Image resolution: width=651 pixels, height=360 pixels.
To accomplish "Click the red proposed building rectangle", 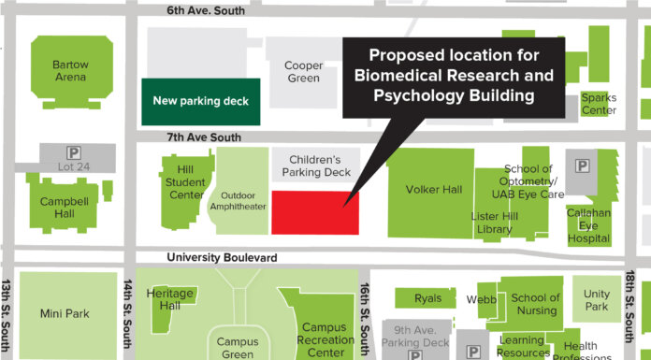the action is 315,211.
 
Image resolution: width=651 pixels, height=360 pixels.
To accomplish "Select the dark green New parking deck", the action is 201,101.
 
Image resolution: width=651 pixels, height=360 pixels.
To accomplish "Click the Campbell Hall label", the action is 63,208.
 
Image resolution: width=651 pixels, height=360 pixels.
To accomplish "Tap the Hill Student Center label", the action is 185,182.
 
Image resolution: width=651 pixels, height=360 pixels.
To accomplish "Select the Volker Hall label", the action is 434,189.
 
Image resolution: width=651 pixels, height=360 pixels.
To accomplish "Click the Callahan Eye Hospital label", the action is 589,225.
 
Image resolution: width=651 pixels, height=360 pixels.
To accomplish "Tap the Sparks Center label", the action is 599,104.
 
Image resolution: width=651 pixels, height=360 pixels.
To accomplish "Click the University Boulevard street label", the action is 223,257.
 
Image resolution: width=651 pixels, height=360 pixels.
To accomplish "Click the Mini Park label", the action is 65,313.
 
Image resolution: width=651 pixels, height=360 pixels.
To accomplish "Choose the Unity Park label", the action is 596,300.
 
